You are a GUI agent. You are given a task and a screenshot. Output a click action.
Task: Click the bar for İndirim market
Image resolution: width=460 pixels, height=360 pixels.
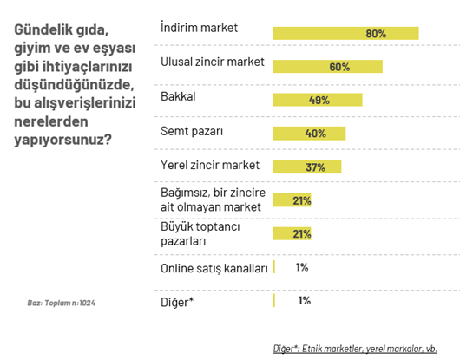click(x=345, y=34)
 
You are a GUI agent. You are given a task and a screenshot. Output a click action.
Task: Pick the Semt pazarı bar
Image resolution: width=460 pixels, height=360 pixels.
click(x=309, y=134)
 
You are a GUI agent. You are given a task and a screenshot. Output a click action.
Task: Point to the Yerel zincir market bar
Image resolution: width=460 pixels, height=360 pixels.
click(x=306, y=167)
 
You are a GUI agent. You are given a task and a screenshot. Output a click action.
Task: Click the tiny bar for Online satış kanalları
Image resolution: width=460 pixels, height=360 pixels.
click(x=274, y=267)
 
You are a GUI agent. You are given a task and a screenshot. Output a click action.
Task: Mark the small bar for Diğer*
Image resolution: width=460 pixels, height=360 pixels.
click(x=274, y=300)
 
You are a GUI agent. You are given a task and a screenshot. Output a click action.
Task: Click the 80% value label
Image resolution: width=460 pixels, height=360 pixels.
click(x=376, y=34)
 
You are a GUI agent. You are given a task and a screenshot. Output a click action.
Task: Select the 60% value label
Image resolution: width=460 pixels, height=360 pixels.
click(x=339, y=67)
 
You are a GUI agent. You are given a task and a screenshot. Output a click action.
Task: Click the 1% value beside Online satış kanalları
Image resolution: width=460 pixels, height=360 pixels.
click(x=302, y=267)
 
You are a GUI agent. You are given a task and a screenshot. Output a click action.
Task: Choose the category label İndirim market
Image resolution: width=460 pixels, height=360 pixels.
click(x=200, y=28)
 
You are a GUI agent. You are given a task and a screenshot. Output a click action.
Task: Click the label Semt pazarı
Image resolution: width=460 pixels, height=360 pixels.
click(x=192, y=131)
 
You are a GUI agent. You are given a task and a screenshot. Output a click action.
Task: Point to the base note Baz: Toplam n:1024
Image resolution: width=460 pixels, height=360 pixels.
click(x=60, y=303)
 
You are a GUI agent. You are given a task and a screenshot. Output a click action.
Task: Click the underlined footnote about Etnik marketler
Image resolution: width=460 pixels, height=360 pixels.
click(x=355, y=349)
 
